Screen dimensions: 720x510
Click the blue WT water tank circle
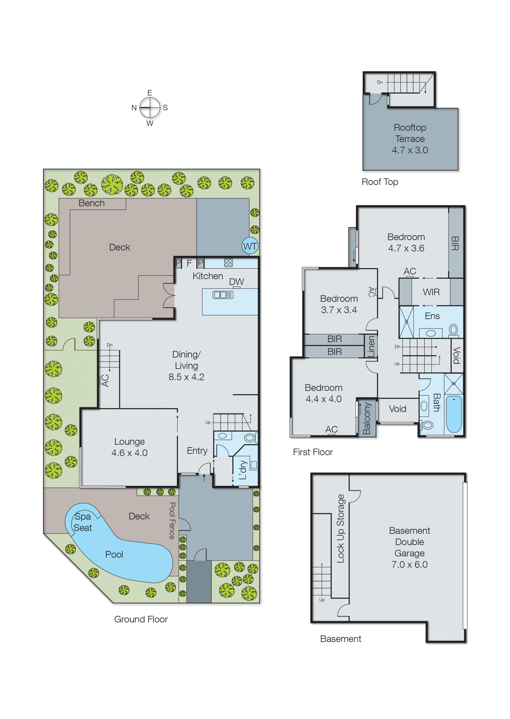click(x=250, y=246)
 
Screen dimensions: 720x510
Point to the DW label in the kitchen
click(x=236, y=282)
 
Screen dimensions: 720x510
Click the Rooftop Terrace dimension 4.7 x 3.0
click(x=410, y=150)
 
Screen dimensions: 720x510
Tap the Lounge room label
click(x=129, y=442)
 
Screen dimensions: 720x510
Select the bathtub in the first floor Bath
click(x=454, y=414)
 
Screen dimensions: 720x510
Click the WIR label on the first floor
click(x=431, y=292)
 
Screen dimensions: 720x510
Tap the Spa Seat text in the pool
click(x=83, y=522)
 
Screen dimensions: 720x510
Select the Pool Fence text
click(x=172, y=521)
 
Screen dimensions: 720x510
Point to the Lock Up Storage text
click(x=340, y=529)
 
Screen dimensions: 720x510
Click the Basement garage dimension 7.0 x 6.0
click(x=409, y=564)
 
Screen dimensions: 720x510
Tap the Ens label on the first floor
click(x=432, y=316)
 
